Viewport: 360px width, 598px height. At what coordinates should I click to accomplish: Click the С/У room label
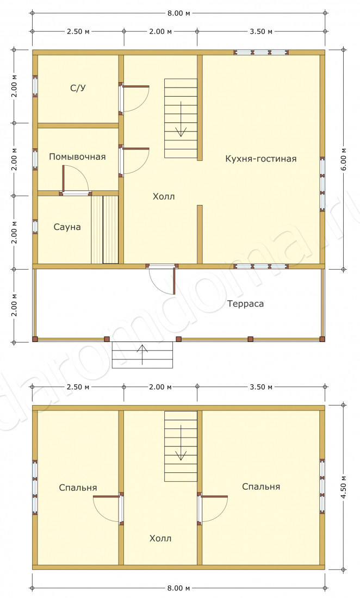coord(78,88)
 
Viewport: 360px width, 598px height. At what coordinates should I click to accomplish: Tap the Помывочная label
coord(77,157)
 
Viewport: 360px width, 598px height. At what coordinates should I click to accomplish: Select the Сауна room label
coord(67,227)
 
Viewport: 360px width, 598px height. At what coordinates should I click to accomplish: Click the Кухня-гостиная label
coord(261,159)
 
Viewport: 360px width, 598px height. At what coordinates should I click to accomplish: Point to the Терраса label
coord(246,304)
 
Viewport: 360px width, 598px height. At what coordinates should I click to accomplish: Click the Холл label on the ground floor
coord(164,196)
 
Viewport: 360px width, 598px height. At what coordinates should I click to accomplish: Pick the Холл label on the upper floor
coord(160,539)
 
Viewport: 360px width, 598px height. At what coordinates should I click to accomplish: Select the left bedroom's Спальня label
coord(78,488)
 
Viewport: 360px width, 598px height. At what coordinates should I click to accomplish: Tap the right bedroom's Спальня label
coord(261,487)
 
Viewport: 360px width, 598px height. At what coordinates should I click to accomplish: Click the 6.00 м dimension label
coord(344,159)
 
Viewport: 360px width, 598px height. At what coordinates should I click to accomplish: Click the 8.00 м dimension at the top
coord(178,13)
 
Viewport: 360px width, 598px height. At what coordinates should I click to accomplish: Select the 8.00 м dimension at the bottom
coord(178,588)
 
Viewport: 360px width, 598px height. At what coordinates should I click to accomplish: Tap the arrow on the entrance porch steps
coord(142,354)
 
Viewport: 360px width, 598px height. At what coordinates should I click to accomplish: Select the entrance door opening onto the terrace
coord(162,279)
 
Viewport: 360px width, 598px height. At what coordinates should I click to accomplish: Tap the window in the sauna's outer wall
coord(35,227)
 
